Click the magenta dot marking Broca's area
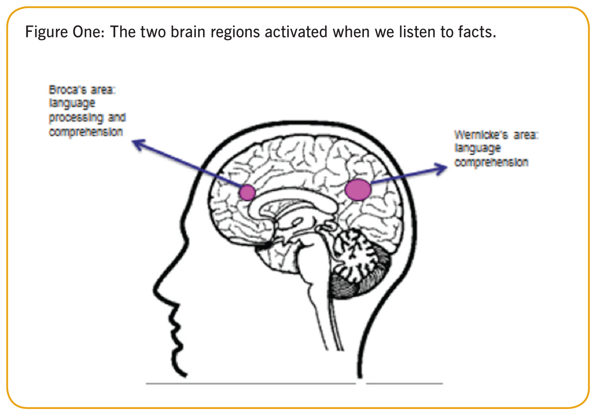tap(247, 192)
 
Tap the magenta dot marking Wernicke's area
tap(358, 189)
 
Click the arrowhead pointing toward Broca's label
tap(139, 145)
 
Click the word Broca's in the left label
tap(67, 90)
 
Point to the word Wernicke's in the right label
tap(481, 135)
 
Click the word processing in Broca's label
tap(76, 118)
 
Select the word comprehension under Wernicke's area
tap(492, 163)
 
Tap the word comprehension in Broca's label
tap(86, 132)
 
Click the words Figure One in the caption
tap(65, 32)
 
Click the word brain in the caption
tap(188, 32)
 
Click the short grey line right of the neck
tap(404, 384)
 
